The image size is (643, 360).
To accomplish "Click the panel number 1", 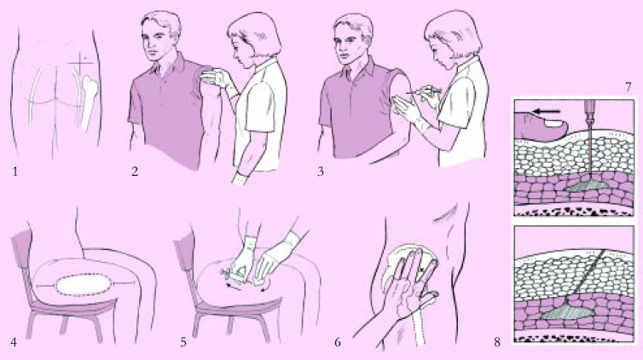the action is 15,171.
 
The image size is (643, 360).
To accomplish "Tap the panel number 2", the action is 135,171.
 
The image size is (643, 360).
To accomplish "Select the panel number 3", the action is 321,171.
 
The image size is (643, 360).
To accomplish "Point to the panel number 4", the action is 14,342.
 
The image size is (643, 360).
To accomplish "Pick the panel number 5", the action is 183,342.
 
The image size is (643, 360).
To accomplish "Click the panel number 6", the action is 338,342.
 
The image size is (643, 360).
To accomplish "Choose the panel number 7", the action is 628,87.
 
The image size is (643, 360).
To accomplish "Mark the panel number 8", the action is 497,342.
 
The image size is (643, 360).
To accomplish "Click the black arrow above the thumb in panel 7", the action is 547,111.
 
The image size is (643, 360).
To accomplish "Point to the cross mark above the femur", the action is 84,62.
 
